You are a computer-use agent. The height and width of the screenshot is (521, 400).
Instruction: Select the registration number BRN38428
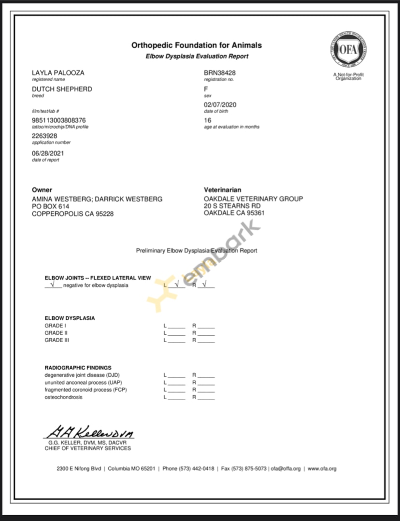point(220,73)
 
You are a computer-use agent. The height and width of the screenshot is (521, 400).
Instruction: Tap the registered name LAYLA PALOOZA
point(58,73)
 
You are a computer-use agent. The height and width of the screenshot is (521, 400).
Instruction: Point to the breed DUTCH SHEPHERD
point(62,89)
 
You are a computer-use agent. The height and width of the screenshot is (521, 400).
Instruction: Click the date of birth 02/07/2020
point(220,105)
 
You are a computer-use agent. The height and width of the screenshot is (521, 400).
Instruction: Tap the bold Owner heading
point(42,190)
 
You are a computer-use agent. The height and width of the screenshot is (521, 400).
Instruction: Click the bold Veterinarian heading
point(223,190)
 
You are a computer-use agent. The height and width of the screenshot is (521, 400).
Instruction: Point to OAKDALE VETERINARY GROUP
point(254,199)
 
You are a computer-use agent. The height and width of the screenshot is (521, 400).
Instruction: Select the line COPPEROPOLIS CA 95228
point(72,213)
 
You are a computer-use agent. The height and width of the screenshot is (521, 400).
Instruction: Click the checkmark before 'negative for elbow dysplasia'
point(52,284)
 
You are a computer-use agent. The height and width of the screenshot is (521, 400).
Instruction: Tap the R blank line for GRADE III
point(206,341)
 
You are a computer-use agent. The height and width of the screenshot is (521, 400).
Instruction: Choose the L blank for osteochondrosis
point(177,398)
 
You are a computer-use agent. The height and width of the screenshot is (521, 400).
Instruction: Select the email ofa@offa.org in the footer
point(286,469)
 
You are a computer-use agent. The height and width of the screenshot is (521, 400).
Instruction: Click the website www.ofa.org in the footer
point(322,469)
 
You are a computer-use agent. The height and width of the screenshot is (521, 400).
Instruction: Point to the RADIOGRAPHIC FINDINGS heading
point(78,368)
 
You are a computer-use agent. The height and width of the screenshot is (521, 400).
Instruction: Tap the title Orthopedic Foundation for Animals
point(197,45)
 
